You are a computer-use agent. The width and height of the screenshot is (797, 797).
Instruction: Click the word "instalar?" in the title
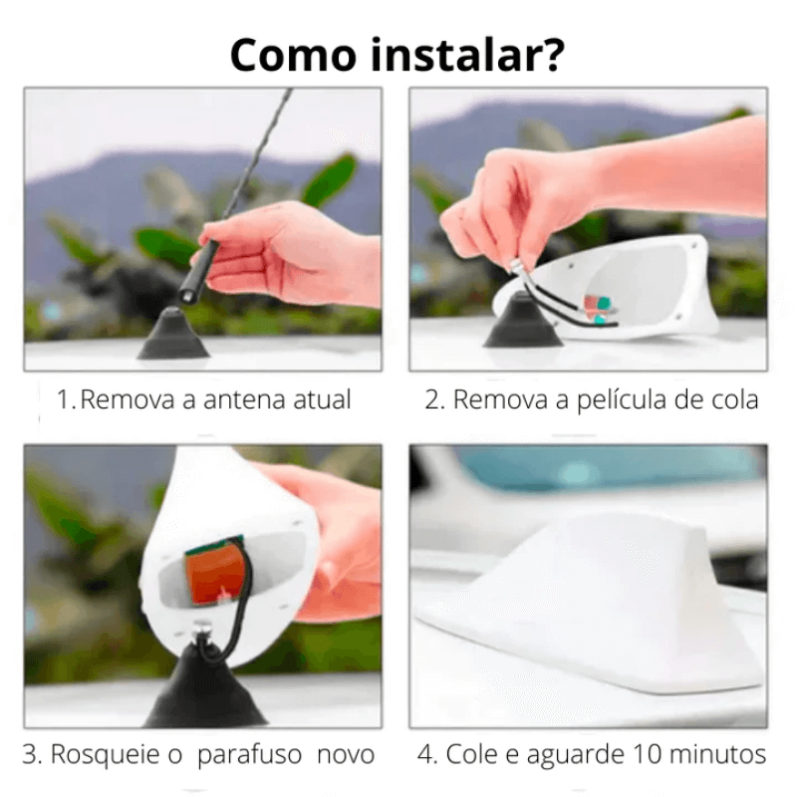coord(467,55)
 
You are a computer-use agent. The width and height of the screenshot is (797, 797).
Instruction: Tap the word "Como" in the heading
coord(293,55)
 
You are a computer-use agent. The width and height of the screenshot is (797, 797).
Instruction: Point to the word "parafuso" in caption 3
coord(251,755)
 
